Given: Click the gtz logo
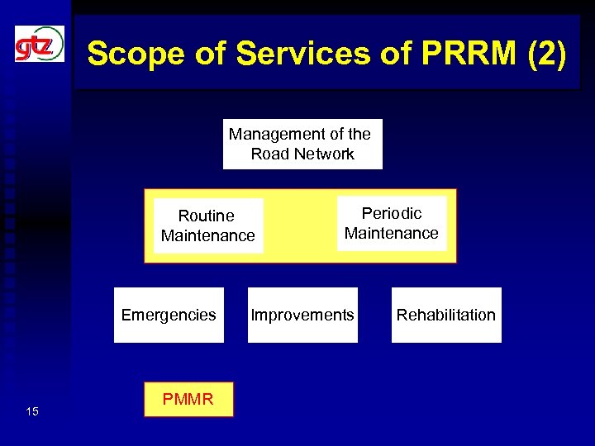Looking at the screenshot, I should point(39,44).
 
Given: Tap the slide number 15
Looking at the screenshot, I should point(31,411).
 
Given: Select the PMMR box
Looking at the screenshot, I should point(188,400).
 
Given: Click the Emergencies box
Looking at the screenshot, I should point(169,315).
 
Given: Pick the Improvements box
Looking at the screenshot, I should point(302,315).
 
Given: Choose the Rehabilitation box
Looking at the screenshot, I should point(446,315).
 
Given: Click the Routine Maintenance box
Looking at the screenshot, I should point(208,225).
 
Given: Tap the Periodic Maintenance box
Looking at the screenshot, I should point(392,223).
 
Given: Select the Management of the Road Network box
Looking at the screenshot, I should point(302,145).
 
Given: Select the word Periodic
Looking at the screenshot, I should point(392,213).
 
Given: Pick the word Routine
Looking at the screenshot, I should point(207,216).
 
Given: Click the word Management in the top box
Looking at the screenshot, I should point(278,134).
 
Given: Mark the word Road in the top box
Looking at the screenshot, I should point(269,154).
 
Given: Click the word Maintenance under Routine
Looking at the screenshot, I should point(208,236).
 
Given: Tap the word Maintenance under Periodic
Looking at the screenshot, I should point(392,234).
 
